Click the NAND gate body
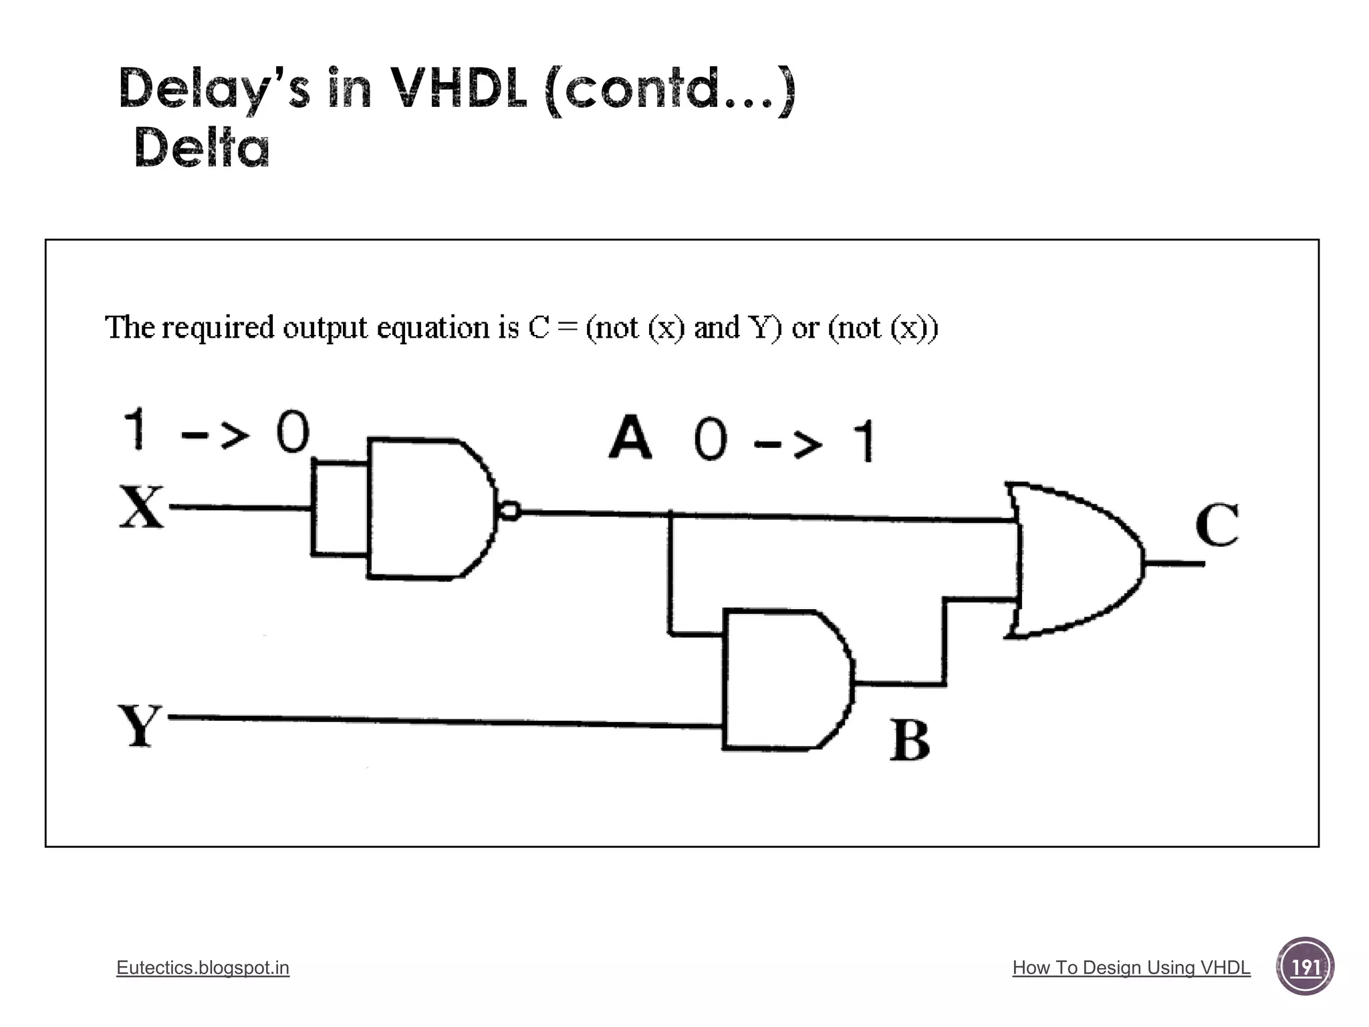coord(428,509)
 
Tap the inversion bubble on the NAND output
coord(510,511)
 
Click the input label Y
coord(140,725)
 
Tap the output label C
coord(1217,525)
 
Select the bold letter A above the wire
coord(630,438)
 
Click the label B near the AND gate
coord(910,741)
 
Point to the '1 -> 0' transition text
coord(217,431)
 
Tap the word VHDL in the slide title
coord(457,88)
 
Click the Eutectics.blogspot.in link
coord(203,967)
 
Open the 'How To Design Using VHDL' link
coord(1131,967)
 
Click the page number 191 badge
coord(1305,967)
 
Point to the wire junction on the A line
coord(670,514)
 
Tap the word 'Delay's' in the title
coord(214,88)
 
